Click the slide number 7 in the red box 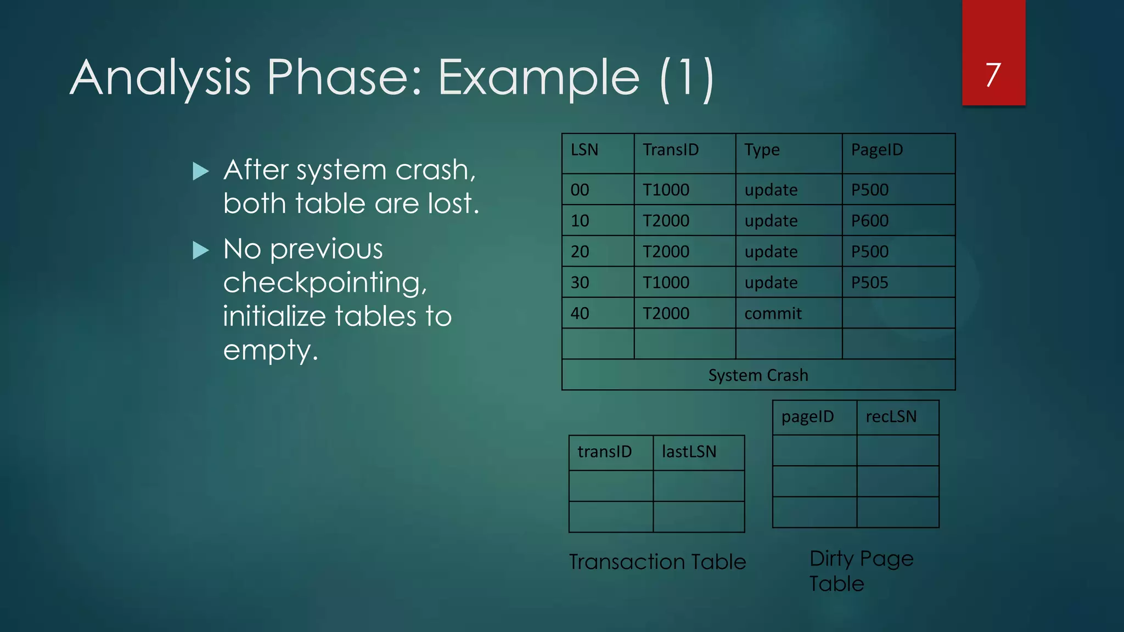click(x=993, y=75)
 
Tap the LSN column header click(x=584, y=150)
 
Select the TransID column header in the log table click(x=670, y=150)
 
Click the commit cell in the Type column click(x=772, y=313)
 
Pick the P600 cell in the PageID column click(x=869, y=221)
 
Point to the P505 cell click(x=869, y=283)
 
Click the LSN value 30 click(x=580, y=283)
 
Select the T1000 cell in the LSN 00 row click(x=666, y=190)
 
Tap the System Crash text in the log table click(x=758, y=375)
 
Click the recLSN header click(x=891, y=417)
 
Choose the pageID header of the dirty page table click(x=807, y=417)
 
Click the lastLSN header click(x=689, y=452)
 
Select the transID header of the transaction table click(x=604, y=452)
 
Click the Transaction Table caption click(x=657, y=562)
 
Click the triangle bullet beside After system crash click(x=201, y=171)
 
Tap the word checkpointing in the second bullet click(x=325, y=283)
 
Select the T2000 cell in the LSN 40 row click(x=666, y=313)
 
